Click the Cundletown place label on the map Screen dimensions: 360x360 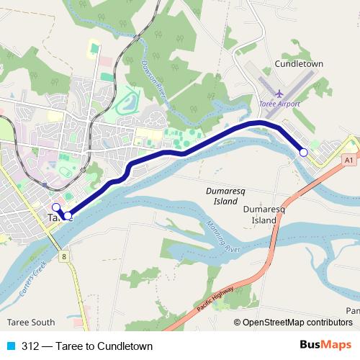(x=299, y=63)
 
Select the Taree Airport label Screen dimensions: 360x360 (x=279, y=104)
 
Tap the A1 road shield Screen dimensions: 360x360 (x=348, y=159)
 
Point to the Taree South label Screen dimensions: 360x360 (x=31, y=322)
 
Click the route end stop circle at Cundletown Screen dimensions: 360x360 (x=304, y=152)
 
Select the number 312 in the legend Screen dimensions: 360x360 (x=31, y=345)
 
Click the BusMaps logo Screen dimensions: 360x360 (x=325, y=345)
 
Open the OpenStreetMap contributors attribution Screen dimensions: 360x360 (x=297, y=323)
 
